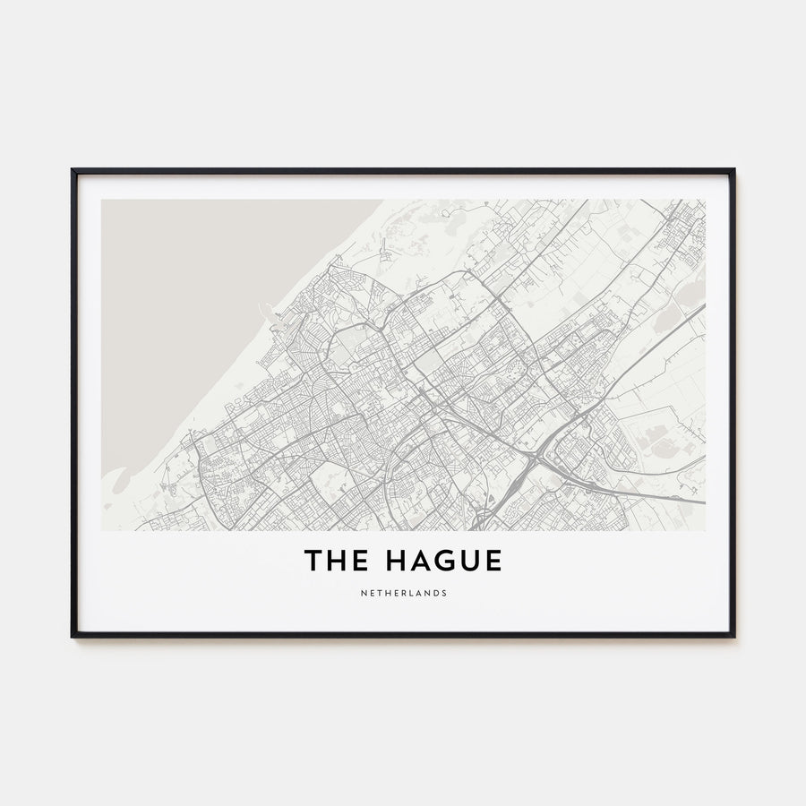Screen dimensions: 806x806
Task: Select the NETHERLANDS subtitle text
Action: click(403, 593)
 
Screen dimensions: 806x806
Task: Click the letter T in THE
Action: click(313, 562)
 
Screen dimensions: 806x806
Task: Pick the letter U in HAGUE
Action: click(466, 562)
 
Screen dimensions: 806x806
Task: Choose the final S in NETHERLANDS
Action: click(445, 593)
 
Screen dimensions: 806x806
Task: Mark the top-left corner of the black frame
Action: click(73, 170)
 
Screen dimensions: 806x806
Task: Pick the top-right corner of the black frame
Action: click(733, 170)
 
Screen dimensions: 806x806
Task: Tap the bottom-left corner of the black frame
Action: click(73, 636)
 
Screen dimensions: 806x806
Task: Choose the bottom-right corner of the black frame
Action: click(733, 636)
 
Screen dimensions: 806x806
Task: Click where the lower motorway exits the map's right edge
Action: click(704, 502)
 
